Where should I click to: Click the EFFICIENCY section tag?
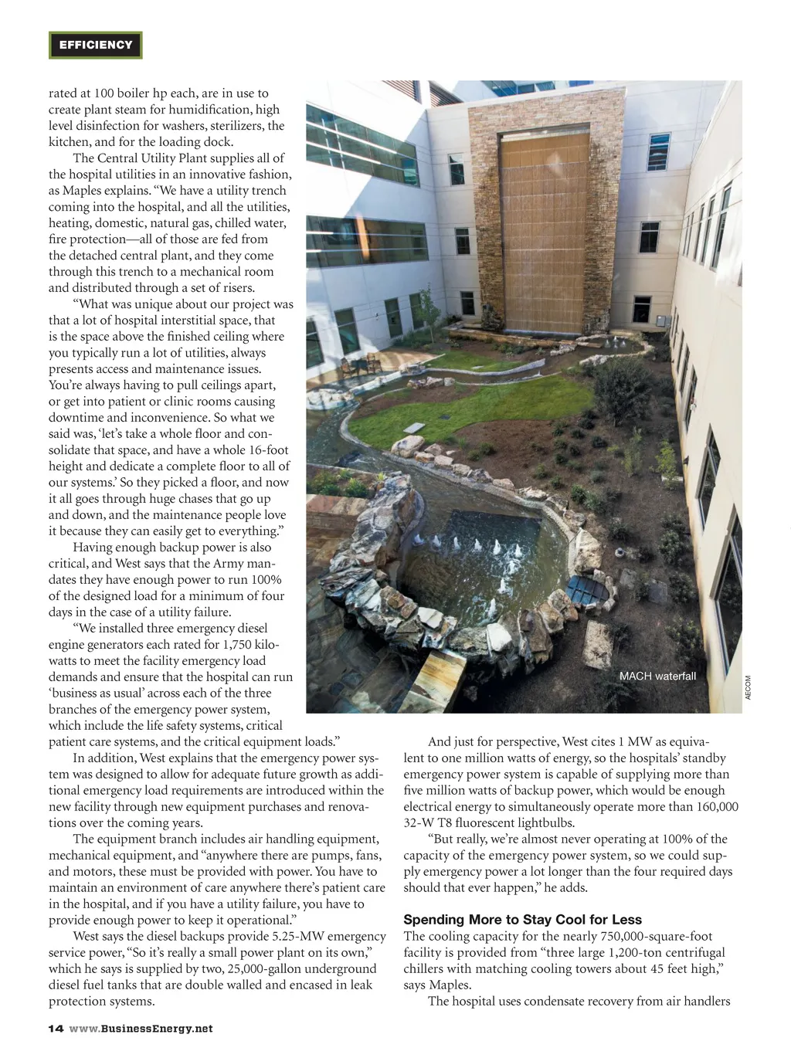coord(96,46)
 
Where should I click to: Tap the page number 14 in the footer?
coord(56,1029)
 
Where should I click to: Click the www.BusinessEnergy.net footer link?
coord(141,1029)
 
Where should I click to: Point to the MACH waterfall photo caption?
coord(657,677)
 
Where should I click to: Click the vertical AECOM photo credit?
coord(748,688)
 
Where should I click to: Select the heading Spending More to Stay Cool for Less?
coord(522,920)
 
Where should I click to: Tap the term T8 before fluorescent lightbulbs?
coord(445,823)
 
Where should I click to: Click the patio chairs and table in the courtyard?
coord(362,365)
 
